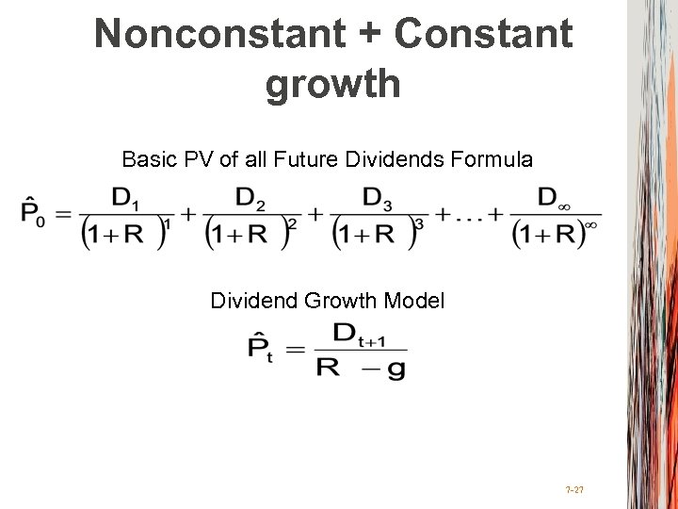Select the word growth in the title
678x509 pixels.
(x=333, y=84)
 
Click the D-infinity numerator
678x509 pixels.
(x=553, y=198)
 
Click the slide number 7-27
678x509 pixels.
(x=573, y=489)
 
